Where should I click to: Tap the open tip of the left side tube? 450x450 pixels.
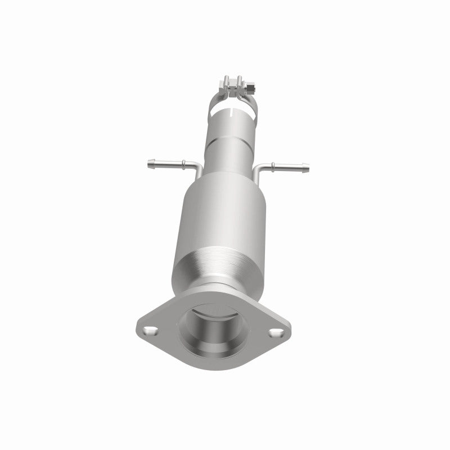click(x=147, y=164)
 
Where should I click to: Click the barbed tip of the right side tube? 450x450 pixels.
click(x=306, y=166)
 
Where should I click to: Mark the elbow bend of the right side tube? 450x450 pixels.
click(x=259, y=169)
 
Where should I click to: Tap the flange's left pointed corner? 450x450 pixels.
click(x=137, y=325)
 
